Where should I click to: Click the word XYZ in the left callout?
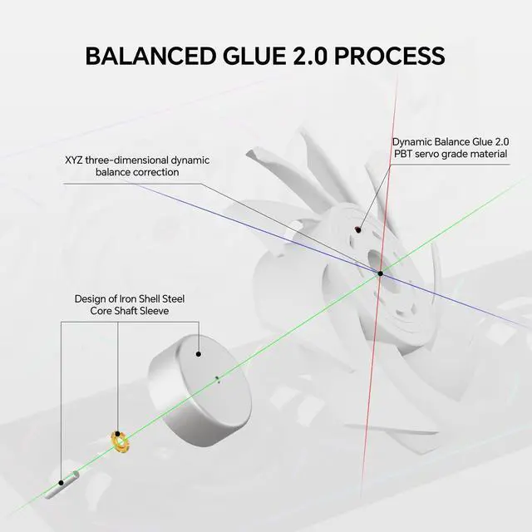75,160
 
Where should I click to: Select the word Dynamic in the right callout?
413,141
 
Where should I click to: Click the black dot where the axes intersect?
380,273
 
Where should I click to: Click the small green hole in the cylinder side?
217,381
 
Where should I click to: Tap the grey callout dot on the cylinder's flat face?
199,353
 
